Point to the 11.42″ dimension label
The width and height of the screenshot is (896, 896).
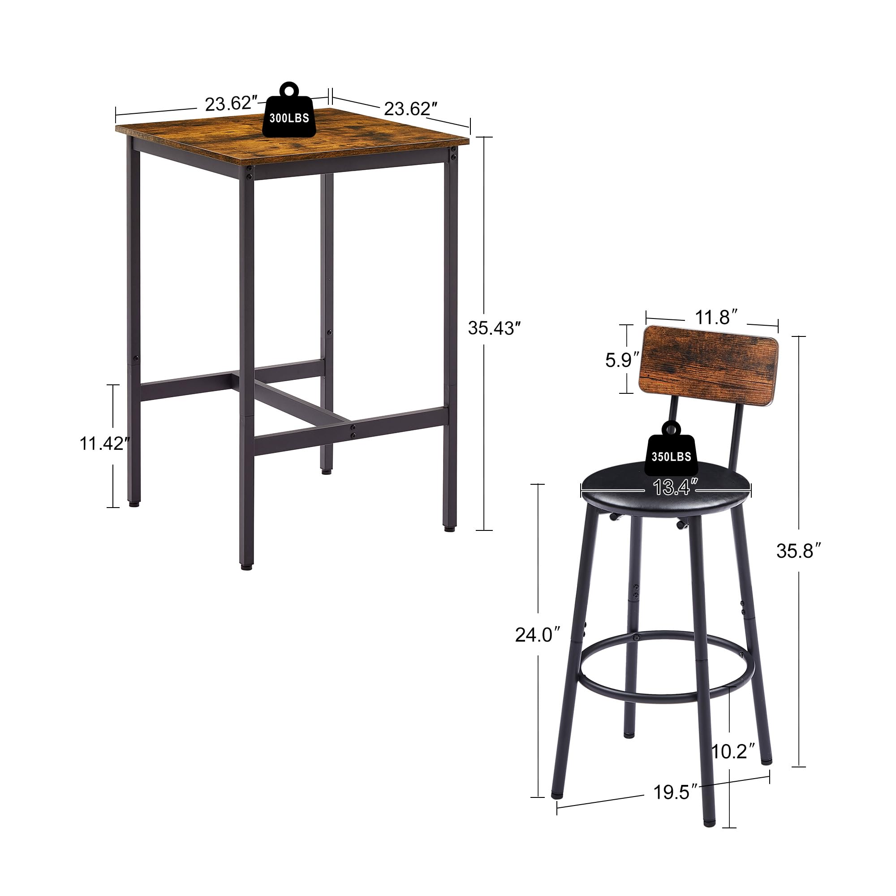pos(103,444)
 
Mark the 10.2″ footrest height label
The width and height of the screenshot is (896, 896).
pos(733,751)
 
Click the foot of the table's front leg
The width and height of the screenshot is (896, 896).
pos(245,566)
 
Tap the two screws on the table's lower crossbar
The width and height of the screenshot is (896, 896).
pos(353,431)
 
